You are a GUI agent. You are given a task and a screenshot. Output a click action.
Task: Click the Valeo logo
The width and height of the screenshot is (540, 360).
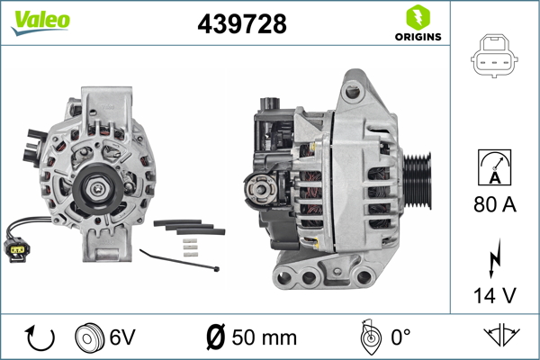[x=40, y=22]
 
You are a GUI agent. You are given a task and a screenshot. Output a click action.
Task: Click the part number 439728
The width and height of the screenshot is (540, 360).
[x=242, y=23]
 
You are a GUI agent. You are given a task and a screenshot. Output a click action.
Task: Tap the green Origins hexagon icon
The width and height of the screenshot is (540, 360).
[x=418, y=18]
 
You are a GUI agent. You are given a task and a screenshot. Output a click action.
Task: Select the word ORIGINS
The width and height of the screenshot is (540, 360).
[x=418, y=37]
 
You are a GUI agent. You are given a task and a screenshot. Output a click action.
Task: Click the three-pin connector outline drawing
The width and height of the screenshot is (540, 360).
[x=494, y=56]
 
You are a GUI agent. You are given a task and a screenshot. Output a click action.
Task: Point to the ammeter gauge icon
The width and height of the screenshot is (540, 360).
[x=494, y=167]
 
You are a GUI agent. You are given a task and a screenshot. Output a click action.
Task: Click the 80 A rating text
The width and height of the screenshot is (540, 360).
[x=495, y=204]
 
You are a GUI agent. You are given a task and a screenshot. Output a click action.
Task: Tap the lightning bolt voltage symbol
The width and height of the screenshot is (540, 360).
[x=494, y=258]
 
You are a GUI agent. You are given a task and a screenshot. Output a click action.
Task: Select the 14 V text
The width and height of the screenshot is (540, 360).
[x=495, y=295]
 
